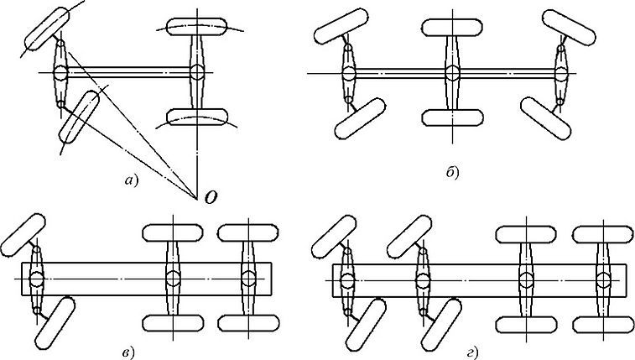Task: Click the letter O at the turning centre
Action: pyautogui.click(x=211, y=197)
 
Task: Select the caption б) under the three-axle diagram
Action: pyautogui.click(x=453, y=173)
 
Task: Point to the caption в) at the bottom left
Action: pyautogui.click(x=128, y=352)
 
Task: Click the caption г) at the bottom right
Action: pyautogui.click(x=472, y=353)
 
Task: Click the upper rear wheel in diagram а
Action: pyautogui.click(x=197, y=27)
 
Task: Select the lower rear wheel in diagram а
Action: pyautogui.click(x=197, y=117)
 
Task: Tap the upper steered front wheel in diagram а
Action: pyautogui.click(x=47, y=29)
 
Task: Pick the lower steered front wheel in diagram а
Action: pyautogui.click(x=79, y=117)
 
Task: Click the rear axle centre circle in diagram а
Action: pyautogui.click(x=197, y=72)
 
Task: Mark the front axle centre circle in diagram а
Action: pyautogui.click(x=60, y=73)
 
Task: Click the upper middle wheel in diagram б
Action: pyautogui.click(x=452, y=27)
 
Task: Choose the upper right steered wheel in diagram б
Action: pyautogui.click(x=569, y=27)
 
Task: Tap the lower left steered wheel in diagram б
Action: pyautogui.click(x=360, y=118)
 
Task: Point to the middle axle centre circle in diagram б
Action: pyautogui.click(x=452, y=73)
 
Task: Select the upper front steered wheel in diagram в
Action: pyautogui.click(x=23, y=235)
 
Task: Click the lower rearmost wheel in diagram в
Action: pyautogui.click(x=248, y=323)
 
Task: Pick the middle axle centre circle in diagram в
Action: pyautogui.click(x=173, y=279)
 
